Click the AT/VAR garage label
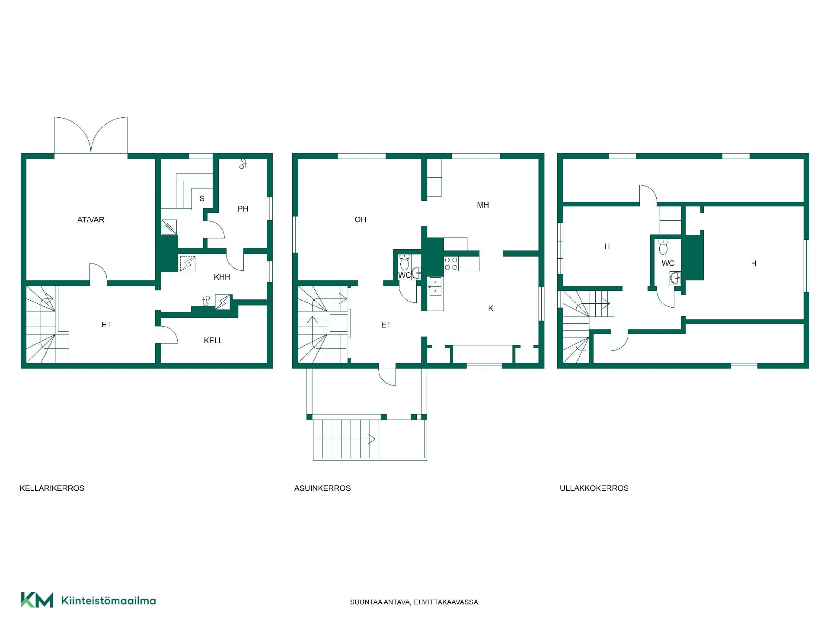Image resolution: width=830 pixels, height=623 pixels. click(91, 220)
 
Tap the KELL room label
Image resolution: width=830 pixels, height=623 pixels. click(214, 340)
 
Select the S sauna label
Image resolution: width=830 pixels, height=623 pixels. click(202, 199)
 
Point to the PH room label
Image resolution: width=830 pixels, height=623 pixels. click(243, 209)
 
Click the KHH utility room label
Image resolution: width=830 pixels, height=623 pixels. click(222, 277)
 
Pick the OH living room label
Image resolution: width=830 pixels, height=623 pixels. click(361, 220)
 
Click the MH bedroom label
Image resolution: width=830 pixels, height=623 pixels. click(483, 205)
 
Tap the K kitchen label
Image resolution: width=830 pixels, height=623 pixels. click(491, 308)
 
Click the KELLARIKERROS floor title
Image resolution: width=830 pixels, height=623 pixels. click(52, 488)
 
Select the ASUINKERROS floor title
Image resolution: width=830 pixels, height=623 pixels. click(322, 488)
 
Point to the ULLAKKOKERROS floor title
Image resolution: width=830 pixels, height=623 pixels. click(594, 488)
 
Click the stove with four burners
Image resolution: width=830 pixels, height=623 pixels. click(451, 263)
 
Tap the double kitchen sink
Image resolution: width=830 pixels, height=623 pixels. click(436, 286)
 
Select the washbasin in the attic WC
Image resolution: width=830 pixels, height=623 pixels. click(675, 278)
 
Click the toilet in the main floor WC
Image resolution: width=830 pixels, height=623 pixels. click(405, 262)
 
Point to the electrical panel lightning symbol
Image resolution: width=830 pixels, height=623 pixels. click(223, 302)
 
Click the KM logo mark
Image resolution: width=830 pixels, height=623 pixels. click(37, 600)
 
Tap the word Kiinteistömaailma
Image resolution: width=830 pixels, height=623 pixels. click(109, 601)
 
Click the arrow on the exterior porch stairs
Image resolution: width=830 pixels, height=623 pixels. click(345, 439)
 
